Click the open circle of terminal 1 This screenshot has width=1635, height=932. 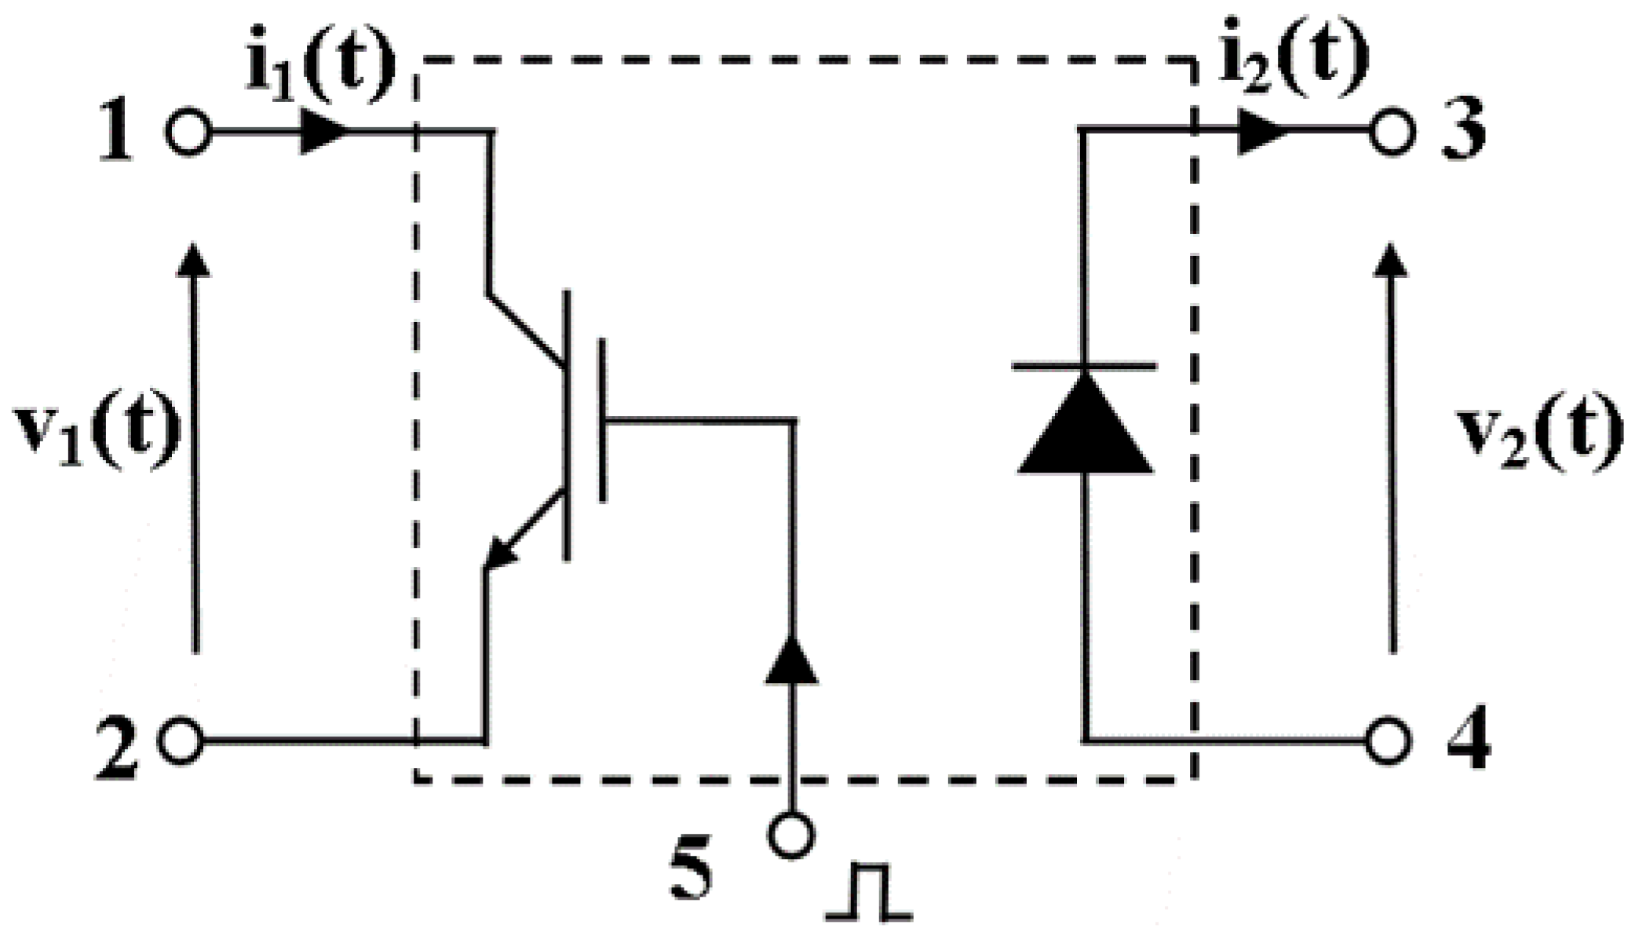188,132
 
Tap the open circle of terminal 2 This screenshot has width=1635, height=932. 181,740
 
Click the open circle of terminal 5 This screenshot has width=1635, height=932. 791,835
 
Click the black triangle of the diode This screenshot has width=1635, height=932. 1086,428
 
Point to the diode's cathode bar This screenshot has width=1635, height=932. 1084,366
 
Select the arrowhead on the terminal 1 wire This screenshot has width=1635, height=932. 325,132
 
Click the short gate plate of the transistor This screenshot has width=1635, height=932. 602,420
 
